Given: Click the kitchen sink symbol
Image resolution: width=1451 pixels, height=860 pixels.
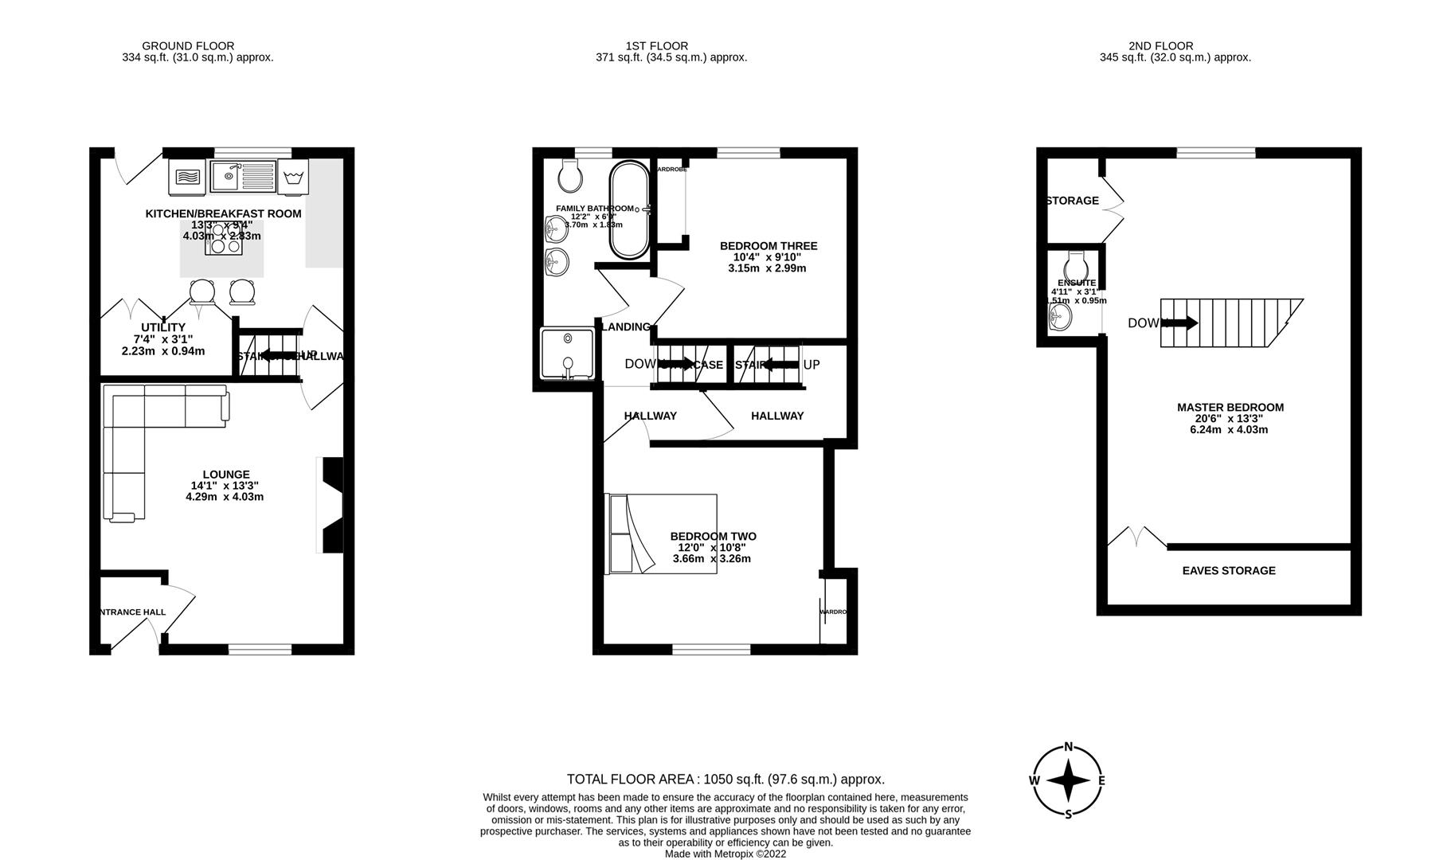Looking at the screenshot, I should [x=243, y=176].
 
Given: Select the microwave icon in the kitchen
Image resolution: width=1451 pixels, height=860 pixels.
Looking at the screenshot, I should [x=187, y=176].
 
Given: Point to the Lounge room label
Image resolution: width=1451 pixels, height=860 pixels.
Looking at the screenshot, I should [x=225, y=475].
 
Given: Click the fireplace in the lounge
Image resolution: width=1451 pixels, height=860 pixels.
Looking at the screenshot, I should [x=331, y=505].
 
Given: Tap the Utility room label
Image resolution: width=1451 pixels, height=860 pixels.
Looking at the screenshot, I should [x=162, y=327].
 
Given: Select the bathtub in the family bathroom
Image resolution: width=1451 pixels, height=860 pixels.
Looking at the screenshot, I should [x=629, y=209].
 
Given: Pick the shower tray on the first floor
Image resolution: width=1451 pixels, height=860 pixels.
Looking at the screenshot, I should [x=567, y=354].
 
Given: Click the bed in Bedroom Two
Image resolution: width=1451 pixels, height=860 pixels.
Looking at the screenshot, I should [x=661, y=534].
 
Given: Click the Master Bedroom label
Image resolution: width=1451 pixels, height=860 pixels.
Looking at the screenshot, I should [x=1230, y=407].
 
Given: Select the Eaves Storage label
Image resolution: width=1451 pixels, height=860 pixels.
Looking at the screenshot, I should [x=1228, y=570].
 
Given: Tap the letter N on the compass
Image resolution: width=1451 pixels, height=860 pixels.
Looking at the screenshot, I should [x=1068, y=747].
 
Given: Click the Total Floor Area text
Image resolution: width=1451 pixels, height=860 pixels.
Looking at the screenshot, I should [x=725, y=779].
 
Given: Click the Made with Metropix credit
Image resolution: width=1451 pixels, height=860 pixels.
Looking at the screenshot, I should [x=725, y=854].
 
